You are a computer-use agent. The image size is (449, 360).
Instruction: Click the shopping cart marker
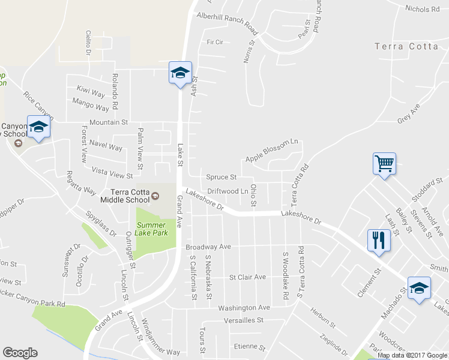[x=384, y=163]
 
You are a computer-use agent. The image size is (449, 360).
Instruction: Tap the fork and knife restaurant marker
[x=378, y=241]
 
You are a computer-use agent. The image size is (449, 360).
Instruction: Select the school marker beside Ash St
[x=179, y=73]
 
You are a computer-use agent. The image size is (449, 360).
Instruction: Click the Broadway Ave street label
[x=208, y=247]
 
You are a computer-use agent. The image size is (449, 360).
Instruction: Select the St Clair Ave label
[x=247, y=277]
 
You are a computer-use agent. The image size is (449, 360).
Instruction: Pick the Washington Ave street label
[x=244, y=307]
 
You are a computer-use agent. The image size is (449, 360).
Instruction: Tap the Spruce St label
[x=221, y=177]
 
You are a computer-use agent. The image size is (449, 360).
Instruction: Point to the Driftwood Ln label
[x=228, y=191]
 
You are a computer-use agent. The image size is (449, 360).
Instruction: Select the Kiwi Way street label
[x=91, y=91]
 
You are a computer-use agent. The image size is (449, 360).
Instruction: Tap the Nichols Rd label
[x=423, y=9]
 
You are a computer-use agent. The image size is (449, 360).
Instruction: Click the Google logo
[x=20, y=353]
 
